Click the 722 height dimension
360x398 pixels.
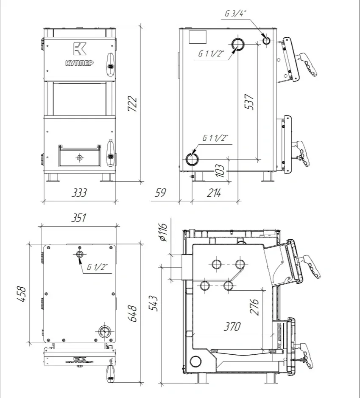pos(132,104)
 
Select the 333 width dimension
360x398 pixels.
pos(79,193)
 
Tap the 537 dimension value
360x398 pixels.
pos(250,102)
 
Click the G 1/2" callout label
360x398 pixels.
pos(98,267)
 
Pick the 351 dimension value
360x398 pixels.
pos(79,218)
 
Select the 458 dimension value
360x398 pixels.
pos(22,294)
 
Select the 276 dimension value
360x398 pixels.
pos(254,307)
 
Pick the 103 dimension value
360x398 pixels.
pos(220,170)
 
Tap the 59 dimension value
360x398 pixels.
pos(160,193)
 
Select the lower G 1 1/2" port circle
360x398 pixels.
pos(191,159)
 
